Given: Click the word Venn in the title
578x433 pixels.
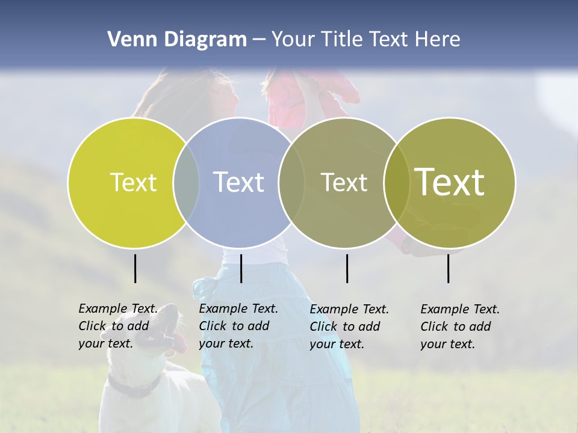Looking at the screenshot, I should (x=127, y=40).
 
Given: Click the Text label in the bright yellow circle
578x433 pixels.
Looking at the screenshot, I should (x=133, y=182).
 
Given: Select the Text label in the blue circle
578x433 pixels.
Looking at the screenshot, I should (x=238, y=182).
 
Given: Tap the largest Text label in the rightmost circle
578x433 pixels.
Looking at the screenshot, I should (x=450, y=182).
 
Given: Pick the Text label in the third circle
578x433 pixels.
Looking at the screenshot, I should (x=344, y=182).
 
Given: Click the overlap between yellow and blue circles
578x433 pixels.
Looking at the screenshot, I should (x=186, y=183).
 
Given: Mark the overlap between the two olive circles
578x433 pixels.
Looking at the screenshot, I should (x=397, y=183).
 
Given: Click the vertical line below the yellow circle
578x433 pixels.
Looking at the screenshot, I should (x=135, y=268).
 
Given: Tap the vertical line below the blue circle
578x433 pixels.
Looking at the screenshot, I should (x=241, y=268).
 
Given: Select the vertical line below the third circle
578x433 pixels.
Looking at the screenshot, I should (x=347, y=268).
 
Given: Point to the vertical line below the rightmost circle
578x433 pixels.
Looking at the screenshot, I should (x=448, y=268).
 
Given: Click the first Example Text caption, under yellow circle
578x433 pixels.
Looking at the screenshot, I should (x=117, y=326).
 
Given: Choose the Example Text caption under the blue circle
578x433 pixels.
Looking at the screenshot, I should (x=238, y=326).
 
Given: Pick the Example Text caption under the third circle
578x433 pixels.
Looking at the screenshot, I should (x=349, y=327).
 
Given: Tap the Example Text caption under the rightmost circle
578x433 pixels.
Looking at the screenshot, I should (x=459, y=327).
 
